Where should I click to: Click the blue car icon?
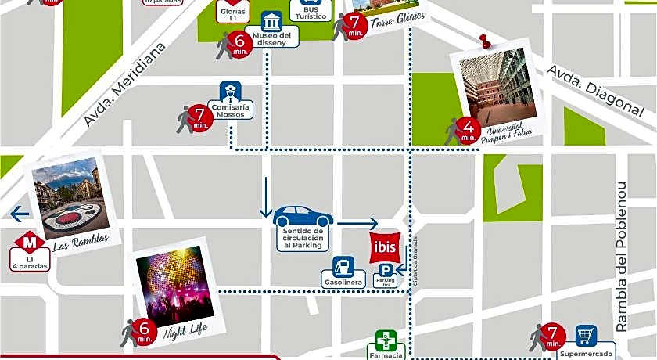point(303,215)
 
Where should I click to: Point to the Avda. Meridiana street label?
point(126,85)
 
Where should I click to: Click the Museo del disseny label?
point(272,38)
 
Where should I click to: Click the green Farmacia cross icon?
point(385,340)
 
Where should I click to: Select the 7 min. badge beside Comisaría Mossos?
point(199,118)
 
